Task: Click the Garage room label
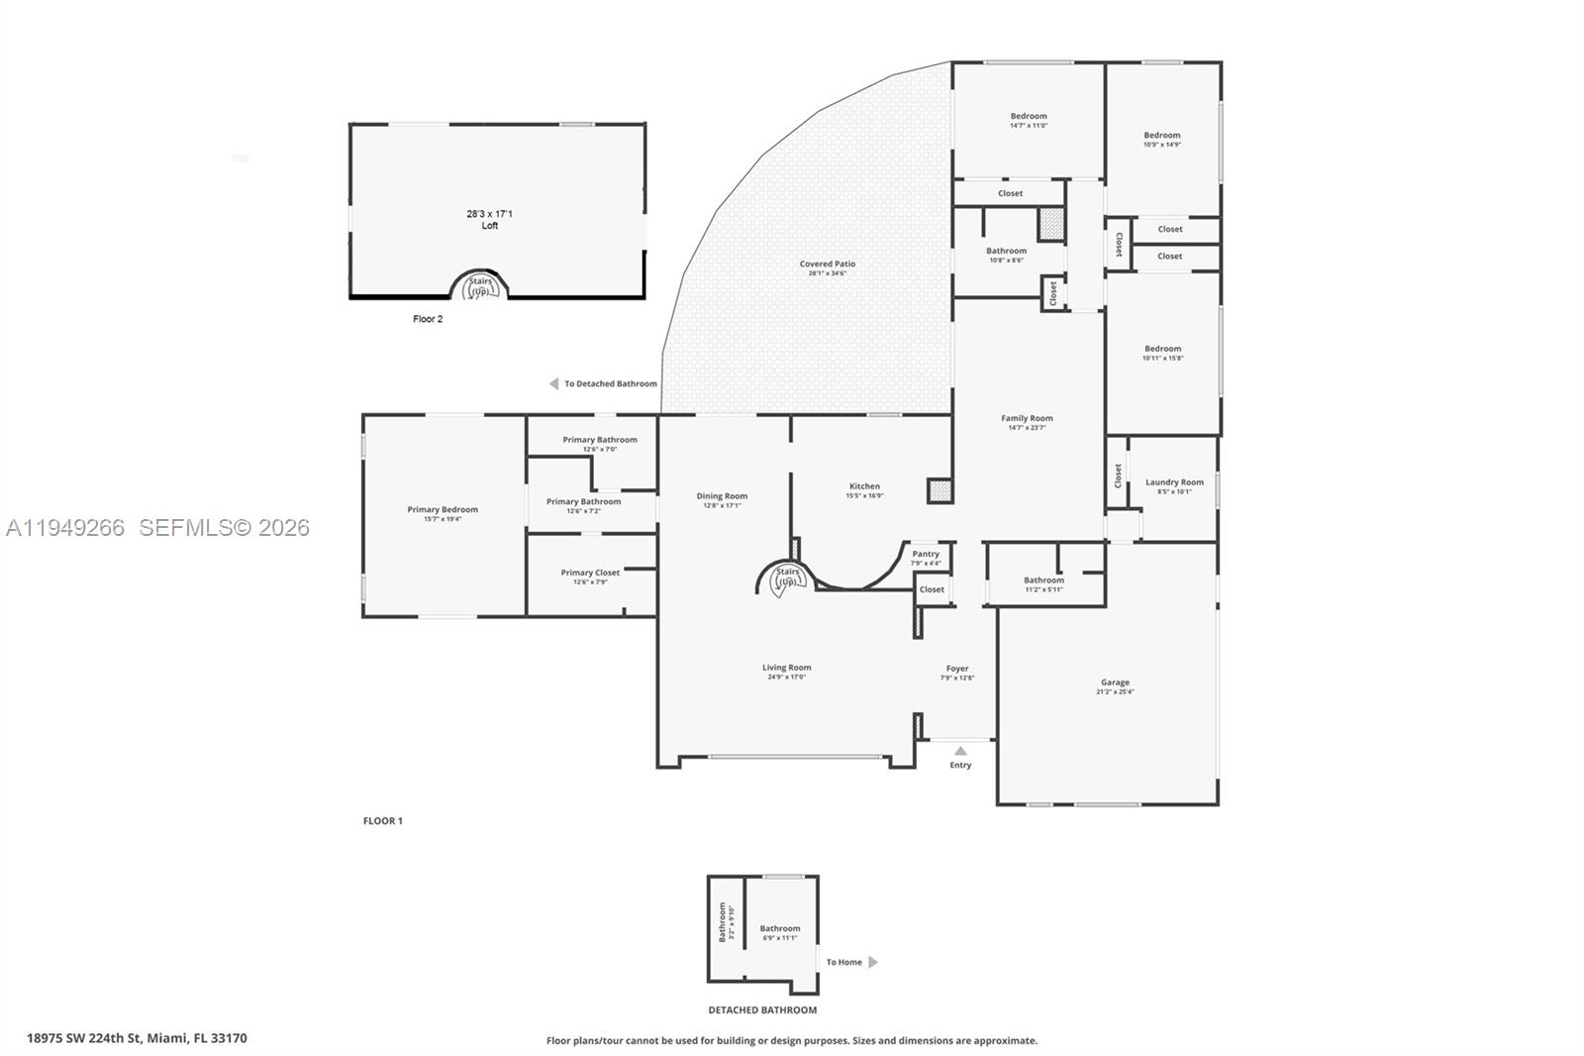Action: [1115, 683]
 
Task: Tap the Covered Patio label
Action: [828, 264]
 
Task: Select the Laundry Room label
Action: [1174, 482]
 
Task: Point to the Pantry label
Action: [926, 554]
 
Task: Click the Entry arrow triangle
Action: [960, 751]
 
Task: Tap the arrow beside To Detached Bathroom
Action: [554, 384]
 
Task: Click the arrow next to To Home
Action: [873, 962]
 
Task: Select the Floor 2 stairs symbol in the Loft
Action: [479, 287]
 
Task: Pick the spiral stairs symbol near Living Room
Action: [787, 578]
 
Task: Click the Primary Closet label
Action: [590, 573]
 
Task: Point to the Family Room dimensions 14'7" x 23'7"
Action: [1027, 428]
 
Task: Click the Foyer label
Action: [957, 669]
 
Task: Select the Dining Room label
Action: [722, 496]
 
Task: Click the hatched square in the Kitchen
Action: [939, 490]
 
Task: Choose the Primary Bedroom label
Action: [443, 509]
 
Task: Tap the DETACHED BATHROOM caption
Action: [762, 1010]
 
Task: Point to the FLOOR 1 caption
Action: [383, 821]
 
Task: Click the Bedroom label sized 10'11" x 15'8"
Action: [1162, 349]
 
